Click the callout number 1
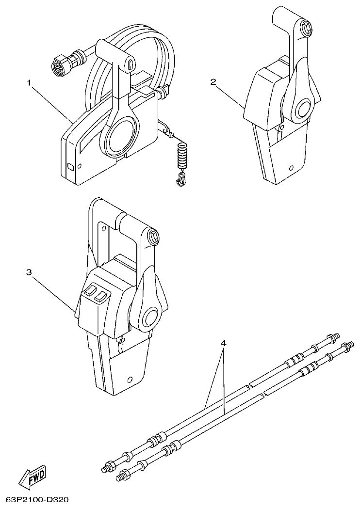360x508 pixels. [29, 83]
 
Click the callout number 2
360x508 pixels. [213, 81]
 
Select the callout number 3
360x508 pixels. [29, 272]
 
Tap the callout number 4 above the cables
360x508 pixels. [223, 343]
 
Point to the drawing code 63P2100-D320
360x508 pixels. [37, 499]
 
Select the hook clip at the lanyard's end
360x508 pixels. [180, 180]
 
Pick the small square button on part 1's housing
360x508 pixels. [70, 166]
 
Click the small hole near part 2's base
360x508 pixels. [290, 169]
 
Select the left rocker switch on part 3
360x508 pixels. [90, 292]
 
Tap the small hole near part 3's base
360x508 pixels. [129, 380]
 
